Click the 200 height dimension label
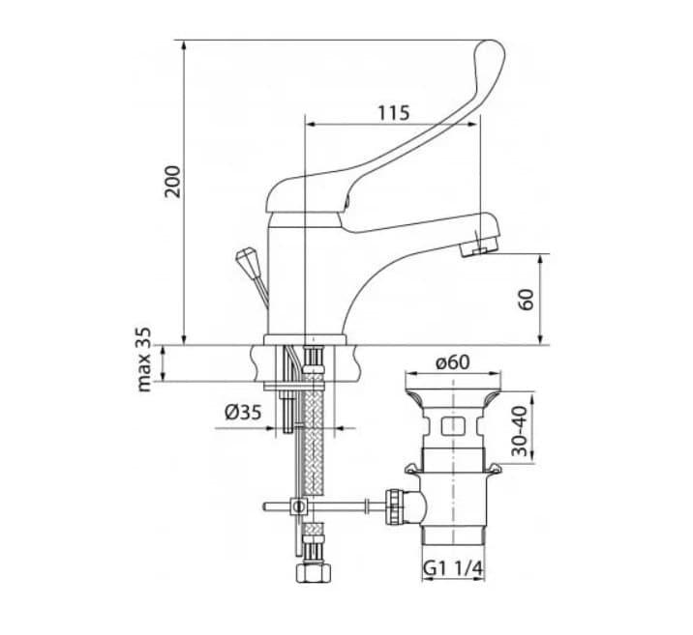(x=173, y=182)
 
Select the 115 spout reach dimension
(x=393, y=112)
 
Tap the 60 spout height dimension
(x=527, y=300)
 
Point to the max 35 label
(x=144, y=359)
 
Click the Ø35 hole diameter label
(x=243, y=412)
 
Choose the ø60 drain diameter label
(x=452, y=362)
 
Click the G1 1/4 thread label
(x=452, y=571)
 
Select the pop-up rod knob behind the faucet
(x=246, y=261)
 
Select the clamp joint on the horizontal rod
(x=299, y=506)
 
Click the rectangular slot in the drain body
(x=451, y=426)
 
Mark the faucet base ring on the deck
(x=304, y=339)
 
